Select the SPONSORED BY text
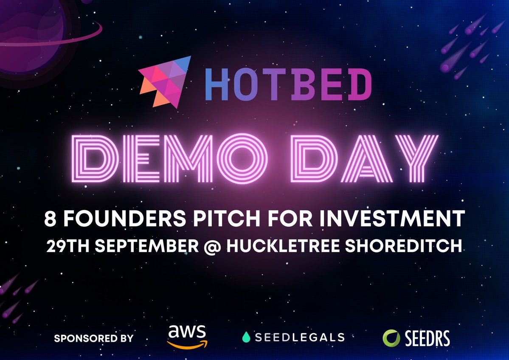point(93,338)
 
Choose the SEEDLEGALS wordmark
point(299,337)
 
